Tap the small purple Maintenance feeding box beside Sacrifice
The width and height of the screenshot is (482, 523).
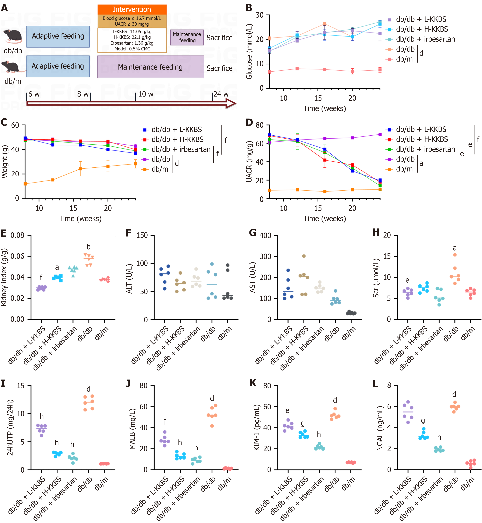187,37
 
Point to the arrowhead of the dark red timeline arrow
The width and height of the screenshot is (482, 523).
231,104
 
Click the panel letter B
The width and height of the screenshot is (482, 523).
249,8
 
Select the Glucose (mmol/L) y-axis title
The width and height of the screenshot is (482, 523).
249,51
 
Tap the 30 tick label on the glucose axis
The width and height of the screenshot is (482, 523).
260,15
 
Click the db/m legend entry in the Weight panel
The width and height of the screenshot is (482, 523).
160,169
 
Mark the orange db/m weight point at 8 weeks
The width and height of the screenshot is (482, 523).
25,184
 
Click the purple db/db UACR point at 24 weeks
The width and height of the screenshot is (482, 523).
380,134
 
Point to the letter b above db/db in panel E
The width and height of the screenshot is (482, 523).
88,247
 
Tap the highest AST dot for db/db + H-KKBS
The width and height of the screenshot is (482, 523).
304,256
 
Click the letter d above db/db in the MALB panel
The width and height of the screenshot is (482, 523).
212,398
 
